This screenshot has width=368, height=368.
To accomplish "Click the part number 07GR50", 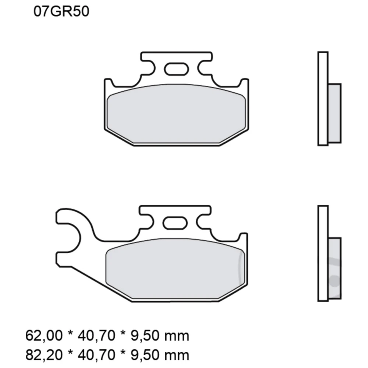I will (x=61, y=12).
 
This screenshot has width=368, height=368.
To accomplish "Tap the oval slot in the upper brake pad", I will (x=176, y=69).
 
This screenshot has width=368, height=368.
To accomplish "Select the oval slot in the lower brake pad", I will (x=175, y=222).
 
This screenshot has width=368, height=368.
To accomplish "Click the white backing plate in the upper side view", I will (x=322, y=98).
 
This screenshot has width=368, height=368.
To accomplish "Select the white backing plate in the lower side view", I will (x=322, y=253).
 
